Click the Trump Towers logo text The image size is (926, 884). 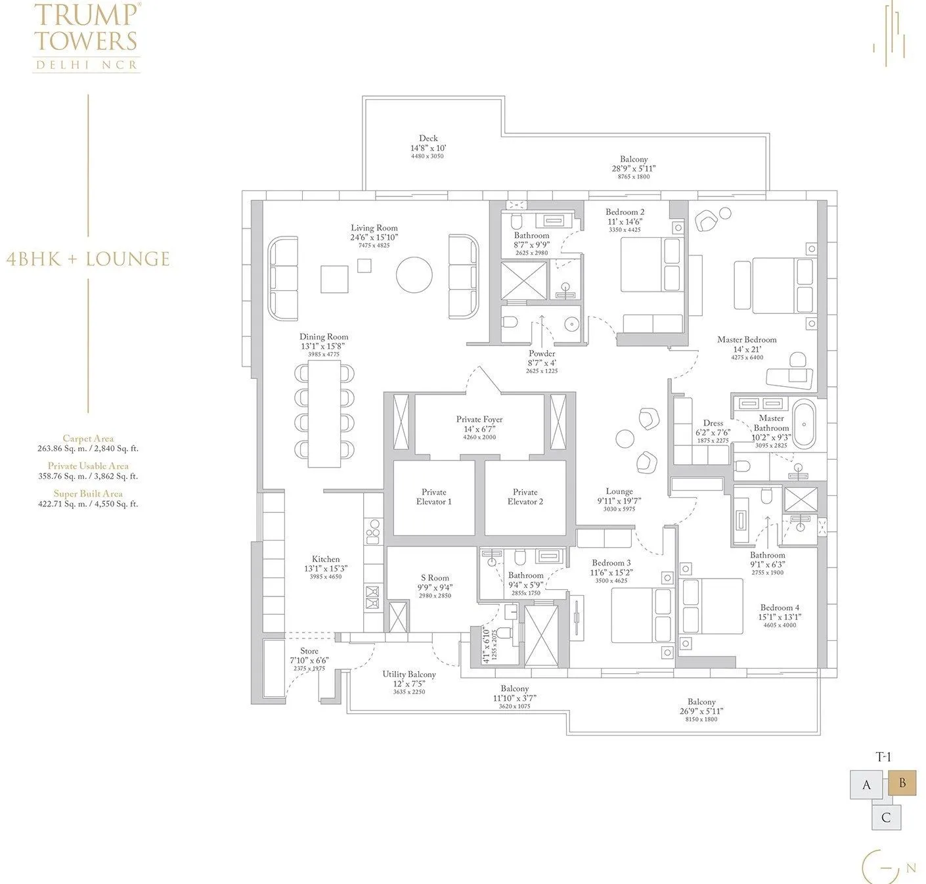click(86, 28)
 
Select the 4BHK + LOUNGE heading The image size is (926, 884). click(87, 259)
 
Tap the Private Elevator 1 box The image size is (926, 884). click(433, 497)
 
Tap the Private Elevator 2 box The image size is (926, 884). click(525, 497)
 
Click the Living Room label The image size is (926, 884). click(374, 228)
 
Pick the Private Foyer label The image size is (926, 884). click(479, 419)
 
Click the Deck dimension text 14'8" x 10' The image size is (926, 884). click(428, 148)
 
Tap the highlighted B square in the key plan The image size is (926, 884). click(902, 784)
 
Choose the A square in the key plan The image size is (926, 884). click(867, 785)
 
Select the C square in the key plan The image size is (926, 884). click(886, 818)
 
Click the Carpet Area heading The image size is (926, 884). click(88, 439)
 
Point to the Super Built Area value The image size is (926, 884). click(88, 504)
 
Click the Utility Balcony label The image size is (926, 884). click(409, 674)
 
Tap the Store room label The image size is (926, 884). click(309, 652)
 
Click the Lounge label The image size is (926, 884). click(619, 491)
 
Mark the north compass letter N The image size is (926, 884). click(910, 868)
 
